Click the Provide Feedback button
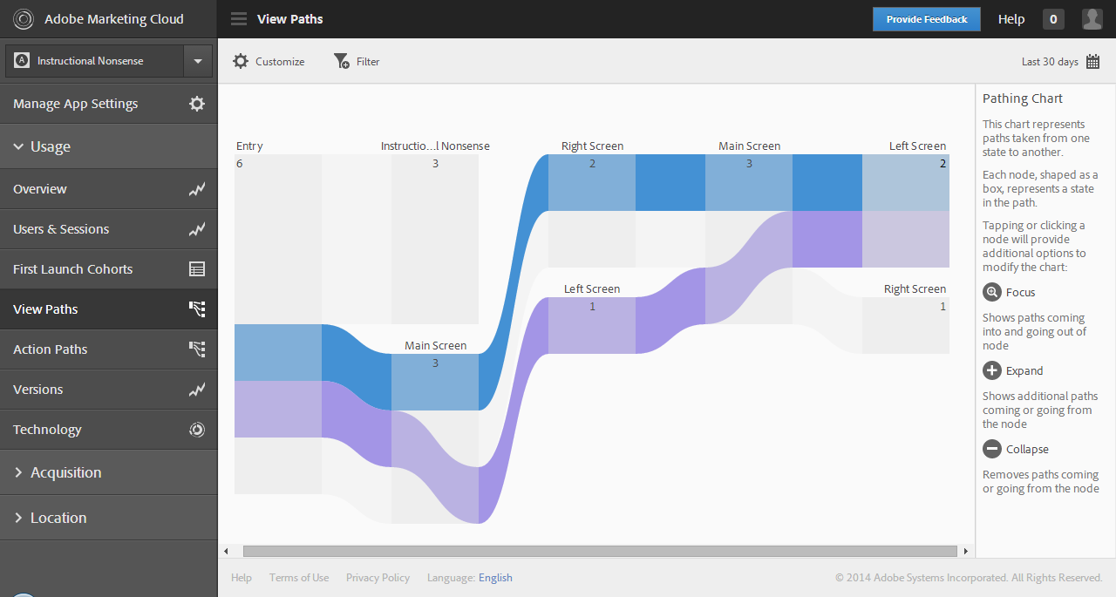click(x=926, y=19)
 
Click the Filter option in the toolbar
click(x=357, y=61)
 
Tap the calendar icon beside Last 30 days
click(x=1092, y=62)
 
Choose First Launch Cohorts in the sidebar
click(x=73, y=269)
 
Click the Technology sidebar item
click(x=47, y=430)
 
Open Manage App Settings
click(x=76, y=104)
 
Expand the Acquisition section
click(x=65, y=472)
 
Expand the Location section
click(x=58, y=518)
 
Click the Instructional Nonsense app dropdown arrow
click(x=198, y=61)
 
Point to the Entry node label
click(x=249, y=146)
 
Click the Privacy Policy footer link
click(x=378, y=578)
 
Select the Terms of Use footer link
click(x=299, y=578)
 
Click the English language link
click(x=495, y=578)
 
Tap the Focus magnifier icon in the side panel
click(x=992, y=292)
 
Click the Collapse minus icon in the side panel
click(x=992, y=449)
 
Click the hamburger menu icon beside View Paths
click(x=239, y=19)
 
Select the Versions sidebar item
click(x=38, y=390)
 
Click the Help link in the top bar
click(x=1011, y=19)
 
